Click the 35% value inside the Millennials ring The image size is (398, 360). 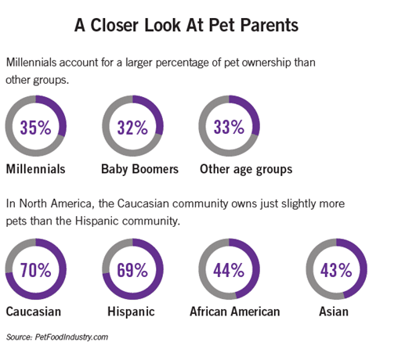(x=35, y=128)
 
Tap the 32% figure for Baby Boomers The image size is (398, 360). (x=132, y=128)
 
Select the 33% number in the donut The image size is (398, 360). (x=229, y=127)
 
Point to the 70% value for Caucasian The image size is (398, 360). (x=36, y=270)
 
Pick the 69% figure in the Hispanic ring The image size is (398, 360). (x=132, y=270)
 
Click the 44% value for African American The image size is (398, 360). (x=229, y=270)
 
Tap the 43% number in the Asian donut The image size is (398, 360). (x=336, y=270)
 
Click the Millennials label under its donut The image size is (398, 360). (x=36, y=169)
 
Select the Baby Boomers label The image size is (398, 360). (x=140, y=169)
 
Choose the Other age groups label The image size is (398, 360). (x=246, y=170)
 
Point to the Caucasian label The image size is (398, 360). (x=34, y=311)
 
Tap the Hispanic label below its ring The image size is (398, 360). (x=131, y=312)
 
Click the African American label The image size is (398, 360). (x=235, y=311)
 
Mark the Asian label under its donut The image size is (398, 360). (x=334, y=311)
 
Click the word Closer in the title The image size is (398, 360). (x=114, y=25)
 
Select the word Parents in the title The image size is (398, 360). (x=270, y=25)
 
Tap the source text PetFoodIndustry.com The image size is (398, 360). (x=71, y=337)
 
